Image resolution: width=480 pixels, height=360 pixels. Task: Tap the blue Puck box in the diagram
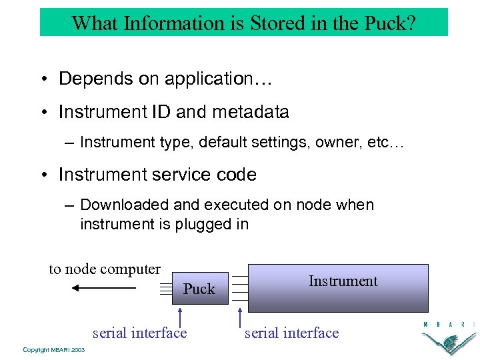pyautogui.click(x=199, y=289)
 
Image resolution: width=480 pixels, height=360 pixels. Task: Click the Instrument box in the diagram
pyautogui.click(x=343, y=287)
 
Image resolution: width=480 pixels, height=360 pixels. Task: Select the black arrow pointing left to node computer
pyautogui.click(x=103, y=288)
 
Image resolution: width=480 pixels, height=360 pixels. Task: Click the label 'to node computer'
pyautogui.click(x=105, y=269)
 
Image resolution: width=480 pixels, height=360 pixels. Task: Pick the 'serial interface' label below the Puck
pyautogui.click(x=139, y=333)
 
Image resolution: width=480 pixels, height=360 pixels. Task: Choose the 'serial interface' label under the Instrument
pyautogui.click(x=291, y=333)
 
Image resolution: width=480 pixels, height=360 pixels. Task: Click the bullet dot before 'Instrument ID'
pyautogui.click(x=44, y=112)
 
